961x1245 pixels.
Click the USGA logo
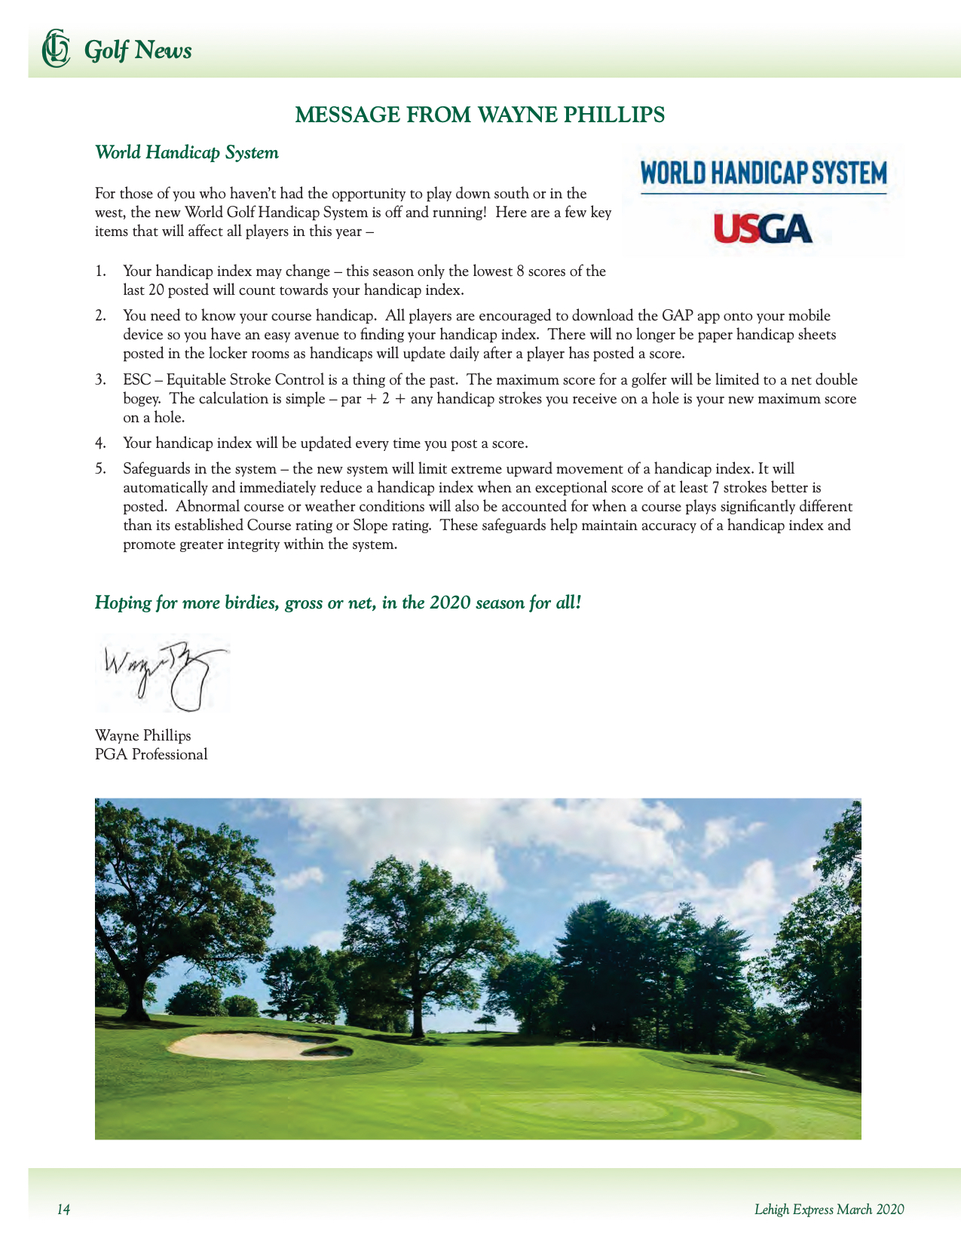(763, 228)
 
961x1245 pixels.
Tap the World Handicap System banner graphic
(763, 174)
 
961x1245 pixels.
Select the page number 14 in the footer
(64, 1210)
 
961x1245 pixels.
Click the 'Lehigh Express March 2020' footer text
(829, 1210)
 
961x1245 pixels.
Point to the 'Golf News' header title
(138, 51)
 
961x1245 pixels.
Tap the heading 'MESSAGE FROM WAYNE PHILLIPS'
(480, 115)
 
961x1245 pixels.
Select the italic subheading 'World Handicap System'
(187, 153)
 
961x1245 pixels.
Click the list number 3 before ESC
(99, 380)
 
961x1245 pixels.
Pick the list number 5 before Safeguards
(99, 469)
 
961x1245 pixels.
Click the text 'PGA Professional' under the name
(151, 755)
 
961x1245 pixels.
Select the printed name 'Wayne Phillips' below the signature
(143, 736)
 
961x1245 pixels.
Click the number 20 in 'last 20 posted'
(157, 290)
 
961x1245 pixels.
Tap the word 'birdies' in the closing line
(249, 603)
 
